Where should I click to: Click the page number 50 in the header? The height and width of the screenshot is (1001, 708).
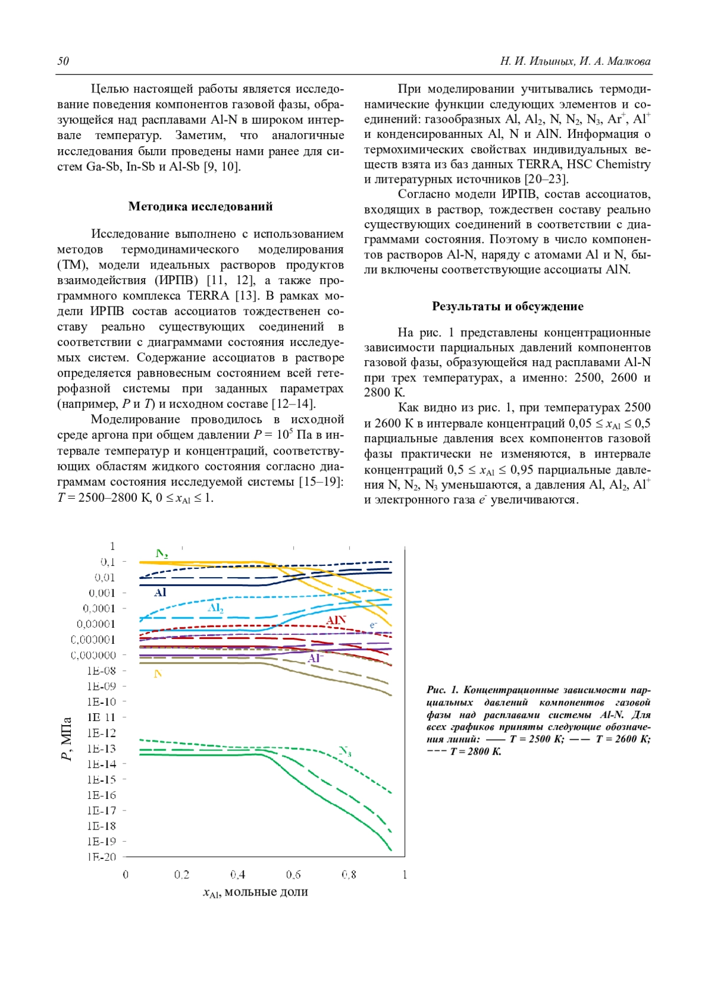[63, 61]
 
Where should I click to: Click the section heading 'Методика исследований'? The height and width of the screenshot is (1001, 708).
[200, 206]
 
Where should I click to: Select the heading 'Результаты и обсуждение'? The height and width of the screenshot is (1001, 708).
[507, 306]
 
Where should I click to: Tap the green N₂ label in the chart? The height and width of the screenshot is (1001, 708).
[162, 554]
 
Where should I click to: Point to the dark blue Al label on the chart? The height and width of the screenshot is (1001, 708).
[160, 592]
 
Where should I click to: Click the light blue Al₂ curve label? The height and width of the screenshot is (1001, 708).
[215, 608]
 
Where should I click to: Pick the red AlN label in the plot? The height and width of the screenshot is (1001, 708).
[336, 620]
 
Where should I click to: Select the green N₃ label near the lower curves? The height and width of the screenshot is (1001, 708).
[345, 751]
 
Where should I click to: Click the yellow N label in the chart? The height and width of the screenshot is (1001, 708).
[158, 674]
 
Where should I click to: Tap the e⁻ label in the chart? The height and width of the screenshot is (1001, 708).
[373, 624]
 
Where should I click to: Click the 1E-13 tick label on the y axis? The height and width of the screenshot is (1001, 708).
[101, 749]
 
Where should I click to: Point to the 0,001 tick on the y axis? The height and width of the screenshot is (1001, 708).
[102, 593]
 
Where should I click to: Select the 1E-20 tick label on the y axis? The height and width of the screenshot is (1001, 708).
[101, 857]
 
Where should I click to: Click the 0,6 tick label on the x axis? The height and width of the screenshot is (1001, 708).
[293, 875]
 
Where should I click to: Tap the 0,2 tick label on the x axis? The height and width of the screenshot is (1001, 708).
[181, 875]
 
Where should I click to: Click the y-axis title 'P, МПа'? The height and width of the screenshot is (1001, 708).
[67, 739]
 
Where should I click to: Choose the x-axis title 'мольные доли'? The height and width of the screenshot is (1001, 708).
[266, 892]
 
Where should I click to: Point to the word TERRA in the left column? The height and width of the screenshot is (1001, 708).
[208, 296]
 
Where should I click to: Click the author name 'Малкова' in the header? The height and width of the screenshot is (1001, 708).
[628, 61]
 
